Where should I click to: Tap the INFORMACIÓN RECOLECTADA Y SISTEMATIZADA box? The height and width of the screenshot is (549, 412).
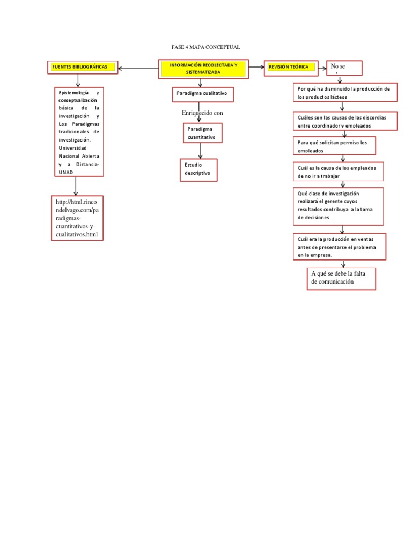203,68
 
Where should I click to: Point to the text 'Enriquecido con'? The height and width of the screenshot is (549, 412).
202,113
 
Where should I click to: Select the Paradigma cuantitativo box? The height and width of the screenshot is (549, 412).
201,133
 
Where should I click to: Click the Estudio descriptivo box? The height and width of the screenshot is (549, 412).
198,170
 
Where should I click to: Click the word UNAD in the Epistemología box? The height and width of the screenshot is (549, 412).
66,172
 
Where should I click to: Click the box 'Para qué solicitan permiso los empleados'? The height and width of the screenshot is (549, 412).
334,146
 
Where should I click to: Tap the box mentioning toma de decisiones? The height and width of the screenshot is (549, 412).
338,206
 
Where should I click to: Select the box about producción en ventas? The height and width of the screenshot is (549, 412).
340,247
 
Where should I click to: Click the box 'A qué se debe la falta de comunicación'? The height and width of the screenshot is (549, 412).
341,278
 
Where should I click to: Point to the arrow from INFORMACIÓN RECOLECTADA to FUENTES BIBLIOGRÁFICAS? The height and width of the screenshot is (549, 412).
138,69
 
